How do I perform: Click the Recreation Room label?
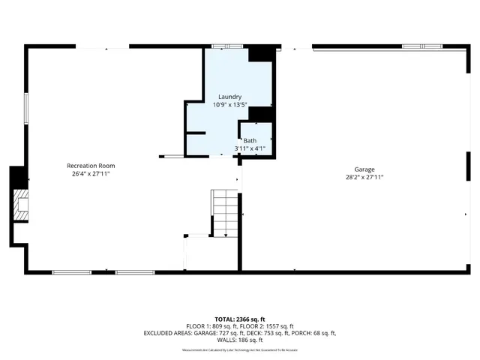point(91,166)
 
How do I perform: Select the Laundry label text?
point(229,97)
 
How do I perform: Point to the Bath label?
point(249,140)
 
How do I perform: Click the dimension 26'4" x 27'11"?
point(91,174)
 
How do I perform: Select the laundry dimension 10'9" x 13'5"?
point(229,105)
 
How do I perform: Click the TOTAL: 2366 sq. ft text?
point(239,319)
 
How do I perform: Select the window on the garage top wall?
point(419,46)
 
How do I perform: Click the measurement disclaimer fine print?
point(239,349)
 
